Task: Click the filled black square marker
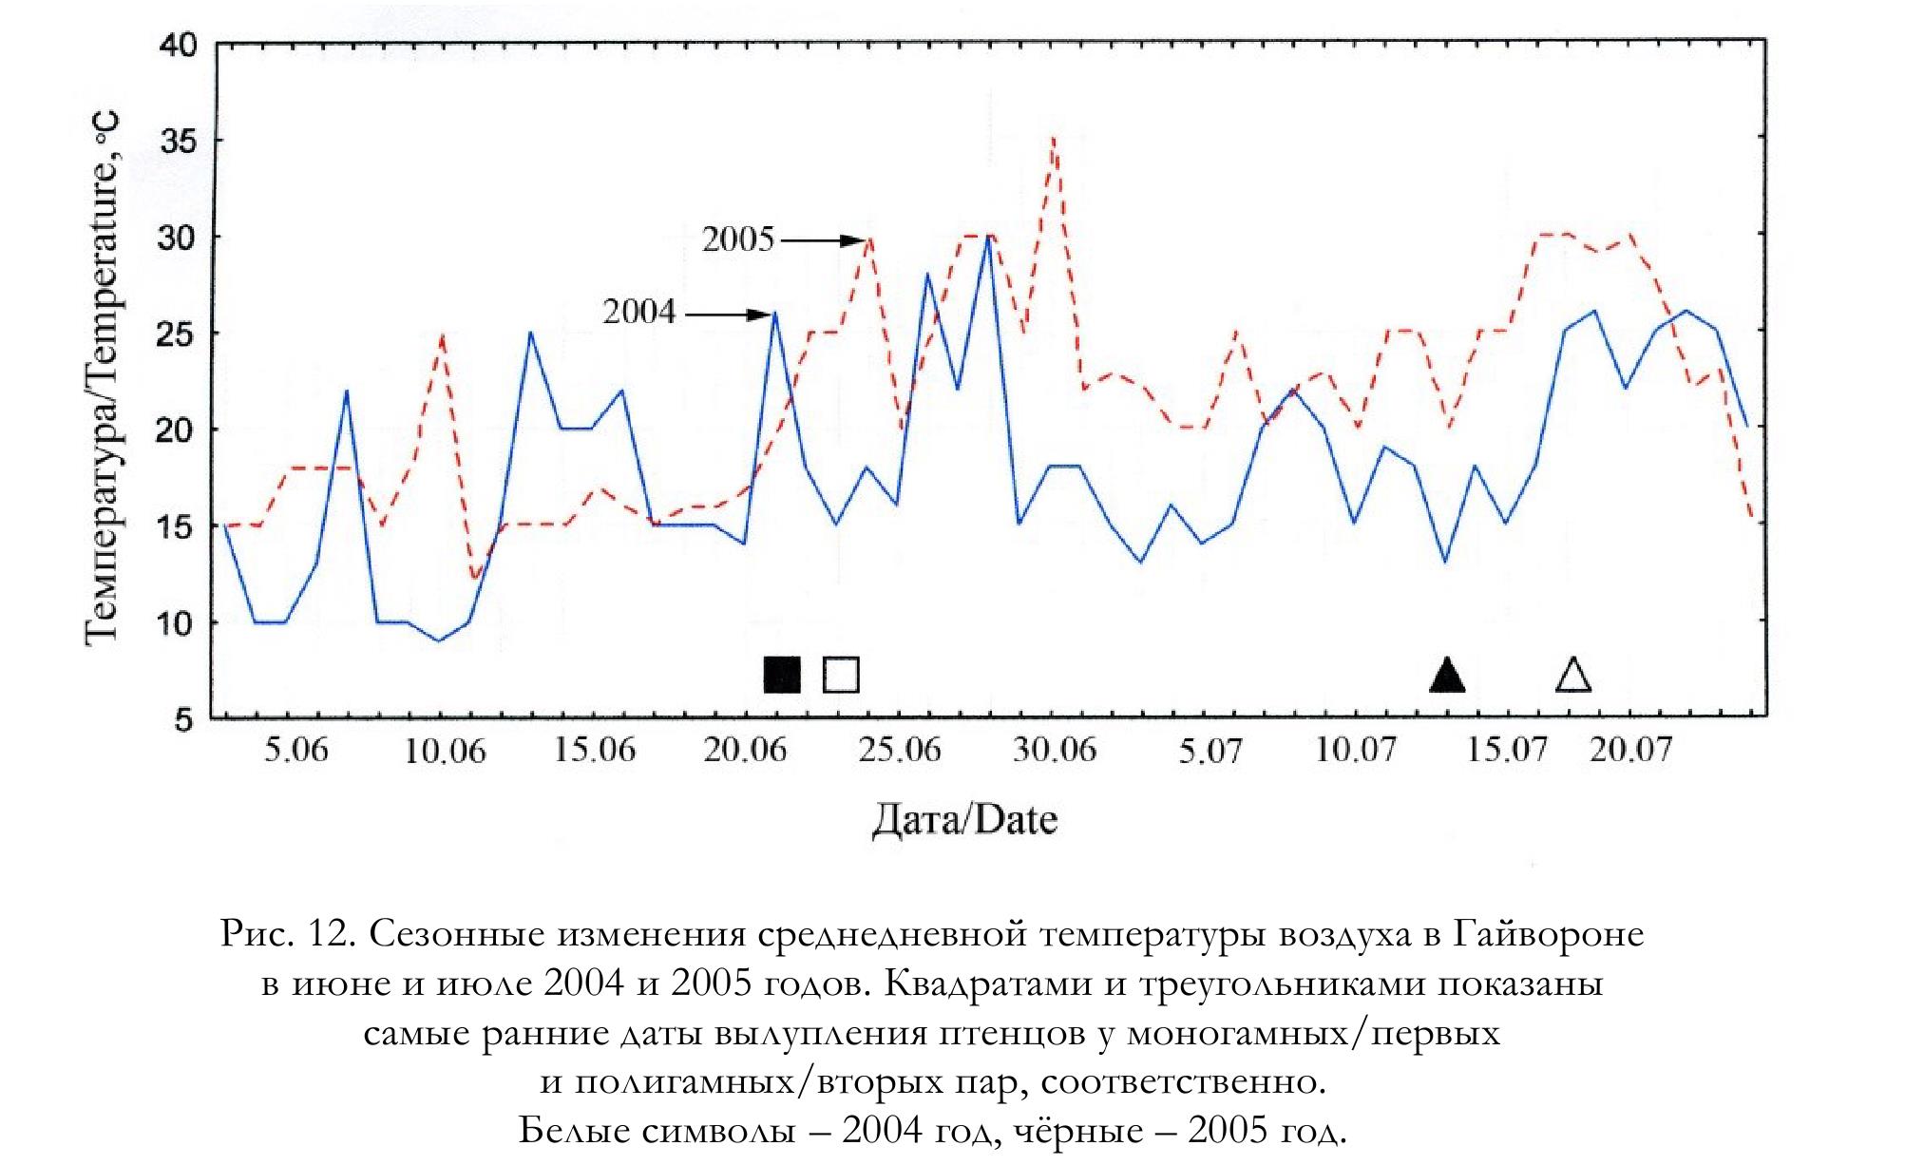(x=782, y=675)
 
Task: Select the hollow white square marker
(x=841, y=675)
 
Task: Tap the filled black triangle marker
(x=1447, y=674)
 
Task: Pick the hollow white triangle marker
(x=1573, y=674)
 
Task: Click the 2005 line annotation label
(x=738, y=239)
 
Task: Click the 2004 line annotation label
(x=639, y=312)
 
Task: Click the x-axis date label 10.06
(x=445, y=752)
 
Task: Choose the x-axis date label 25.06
(x=899, y=750)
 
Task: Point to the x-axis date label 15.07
(x=1507, y=751)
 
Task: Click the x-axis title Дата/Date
(x=964, y=819)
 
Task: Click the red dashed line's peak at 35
(x=1053, y=139)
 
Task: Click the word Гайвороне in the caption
(x=1548, y=935)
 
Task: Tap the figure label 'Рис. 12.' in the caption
(x=289, y=935)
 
